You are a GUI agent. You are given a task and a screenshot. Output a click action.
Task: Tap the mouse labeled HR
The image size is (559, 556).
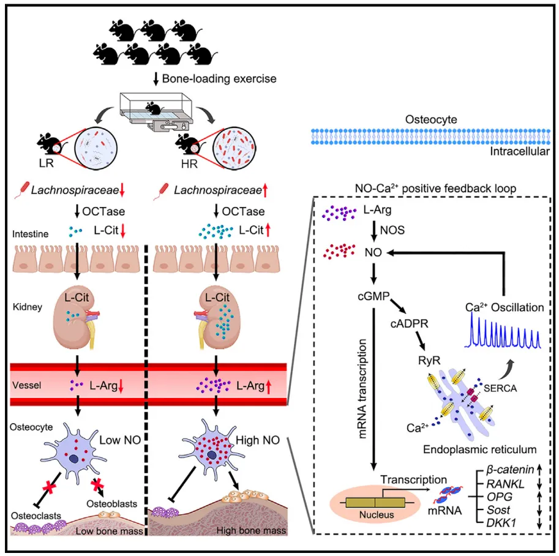186,145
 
